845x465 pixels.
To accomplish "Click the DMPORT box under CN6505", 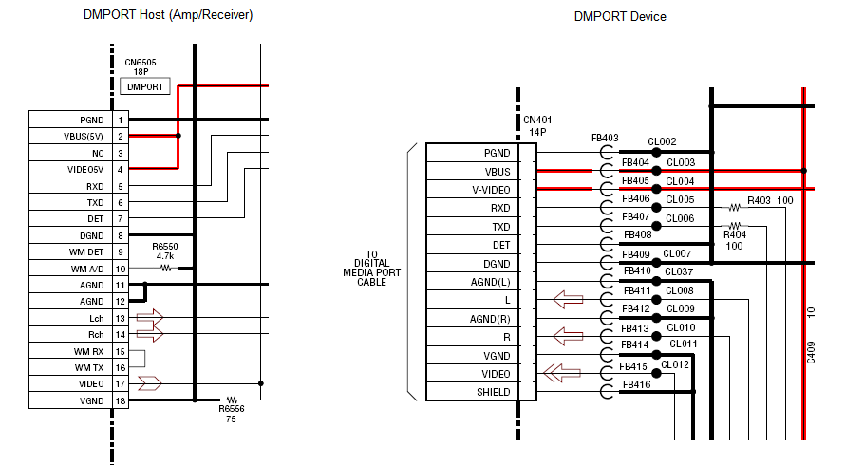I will point(145,87).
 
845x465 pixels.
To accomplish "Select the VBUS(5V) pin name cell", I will point(70,137).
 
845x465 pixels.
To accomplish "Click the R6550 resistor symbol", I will point(167,269).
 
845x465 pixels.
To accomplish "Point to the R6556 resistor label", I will point(230,409).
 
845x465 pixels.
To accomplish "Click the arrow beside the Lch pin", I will point(150,317).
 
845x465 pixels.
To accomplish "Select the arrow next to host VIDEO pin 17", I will point(150,383).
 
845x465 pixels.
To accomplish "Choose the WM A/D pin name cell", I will point(70,269).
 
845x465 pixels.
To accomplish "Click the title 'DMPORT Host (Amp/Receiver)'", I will point(167,15).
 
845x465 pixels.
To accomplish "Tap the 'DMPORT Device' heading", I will point(620,17).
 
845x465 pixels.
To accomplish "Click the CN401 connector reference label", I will point(537,121).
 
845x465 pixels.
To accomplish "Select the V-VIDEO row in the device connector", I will point(481,189).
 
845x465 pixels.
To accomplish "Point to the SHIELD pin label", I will point(481,392).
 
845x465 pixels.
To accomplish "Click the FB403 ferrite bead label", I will point(605,139).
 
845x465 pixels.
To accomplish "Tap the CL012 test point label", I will point(675,364).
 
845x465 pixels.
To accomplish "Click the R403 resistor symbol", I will point(734,207).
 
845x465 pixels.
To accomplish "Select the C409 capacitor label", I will point(811,351).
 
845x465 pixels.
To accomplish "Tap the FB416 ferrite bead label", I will point(636,384).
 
